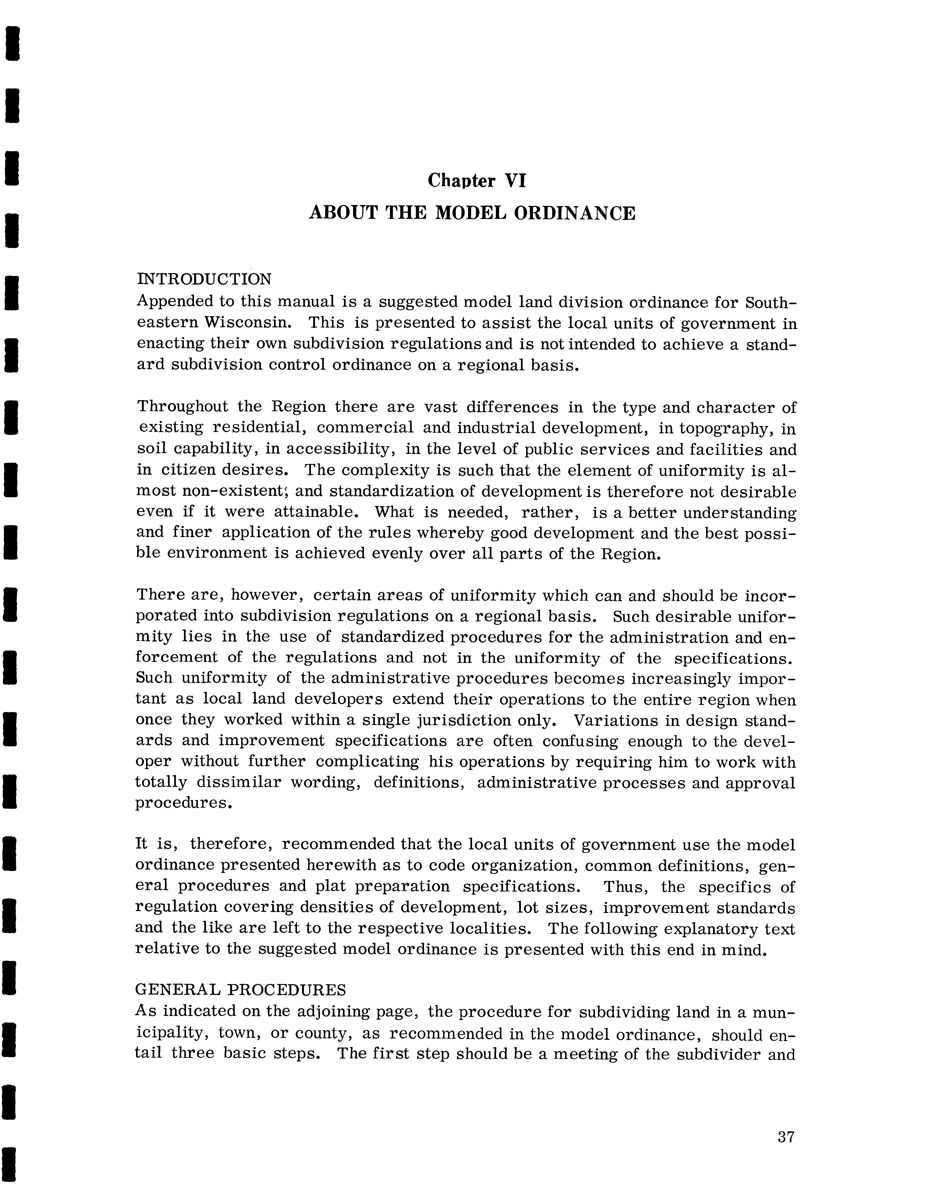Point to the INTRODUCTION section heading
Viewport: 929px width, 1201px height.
point(204,279)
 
